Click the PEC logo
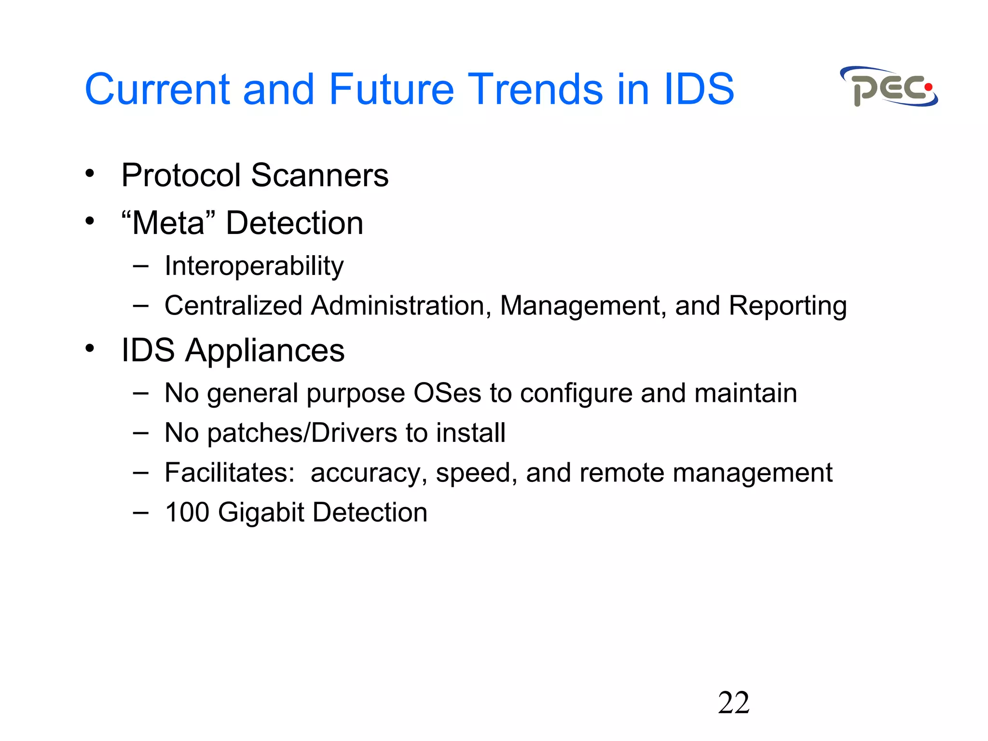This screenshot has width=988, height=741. [x=889, y=87]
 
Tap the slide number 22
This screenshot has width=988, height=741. [x=733, y=702]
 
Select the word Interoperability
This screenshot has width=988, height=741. [x=254, y=266]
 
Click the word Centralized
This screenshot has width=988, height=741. [x=233, y=305]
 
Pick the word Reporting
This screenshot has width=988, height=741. [x=787, y=306]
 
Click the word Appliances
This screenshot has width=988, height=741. [x=265, y=351]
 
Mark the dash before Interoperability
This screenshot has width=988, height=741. [x=140, y=265]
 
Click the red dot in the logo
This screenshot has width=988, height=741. [x=928, y=87]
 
